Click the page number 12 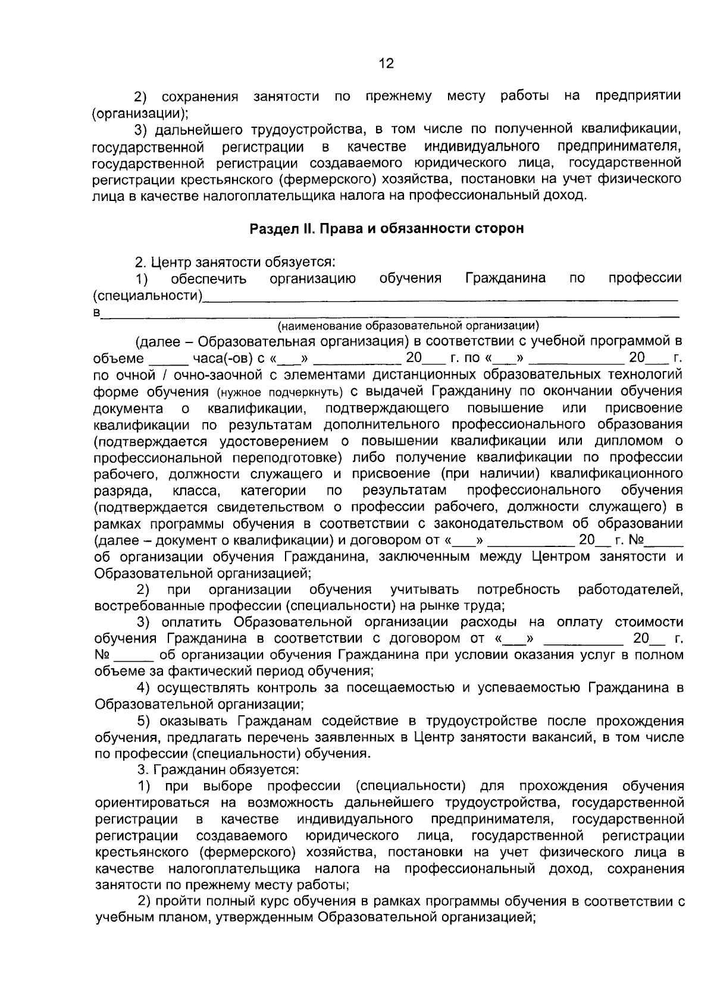(x=386, y=64)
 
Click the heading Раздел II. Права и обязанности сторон (x=387, y=229)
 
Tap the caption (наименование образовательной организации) (x=409, y=325)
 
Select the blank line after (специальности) (x=440, y=295)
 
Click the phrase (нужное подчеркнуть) (x=278, y=392)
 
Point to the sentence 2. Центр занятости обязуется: (x=237, y=262)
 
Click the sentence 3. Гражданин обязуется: (x=218, y=770)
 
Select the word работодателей (x=630, y=590)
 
